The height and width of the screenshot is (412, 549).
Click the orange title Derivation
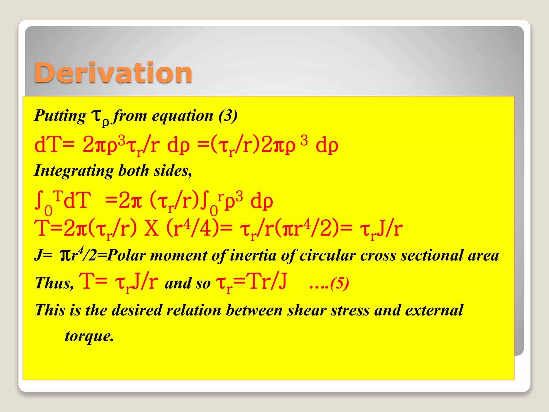pyautogui.click(x=113, y=73)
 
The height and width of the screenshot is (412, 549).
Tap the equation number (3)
pyautogui.click(x=228, y=116)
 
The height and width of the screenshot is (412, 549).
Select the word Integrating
pyautogui.click(x=74, y=171)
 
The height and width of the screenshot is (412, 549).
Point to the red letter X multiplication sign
pyautogui.click(x=151, y=229)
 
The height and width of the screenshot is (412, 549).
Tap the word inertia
pyautogui.click(x=253, y=255)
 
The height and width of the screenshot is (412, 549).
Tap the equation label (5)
pyautogui.click(x=340, y=283)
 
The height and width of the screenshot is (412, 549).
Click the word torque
pyautogui.click(x=89, y=336)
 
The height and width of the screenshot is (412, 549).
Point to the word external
pyautogui.click(x=434, y=310)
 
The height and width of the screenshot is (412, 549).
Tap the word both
pyautogui.click(x=133, y=171)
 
